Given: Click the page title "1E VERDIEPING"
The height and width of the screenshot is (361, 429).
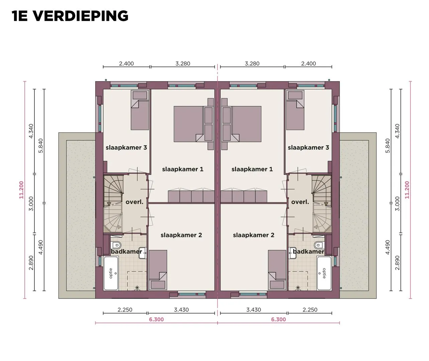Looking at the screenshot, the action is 70,16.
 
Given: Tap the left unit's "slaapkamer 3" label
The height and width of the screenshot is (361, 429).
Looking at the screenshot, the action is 126,147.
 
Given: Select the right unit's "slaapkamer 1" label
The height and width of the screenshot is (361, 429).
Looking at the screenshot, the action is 252,169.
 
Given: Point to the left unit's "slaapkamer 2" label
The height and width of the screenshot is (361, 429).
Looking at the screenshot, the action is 181,235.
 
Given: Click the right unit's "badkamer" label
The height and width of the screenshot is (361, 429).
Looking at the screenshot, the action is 308,251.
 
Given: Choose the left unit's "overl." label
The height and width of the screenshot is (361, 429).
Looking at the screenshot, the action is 134,202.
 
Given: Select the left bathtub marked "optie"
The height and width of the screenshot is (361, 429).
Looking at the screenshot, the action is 111,273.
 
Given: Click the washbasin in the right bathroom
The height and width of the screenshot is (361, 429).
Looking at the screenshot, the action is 293,253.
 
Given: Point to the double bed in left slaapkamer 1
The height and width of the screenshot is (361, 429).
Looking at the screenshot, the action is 194,124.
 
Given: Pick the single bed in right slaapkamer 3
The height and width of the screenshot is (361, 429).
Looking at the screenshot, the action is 295,110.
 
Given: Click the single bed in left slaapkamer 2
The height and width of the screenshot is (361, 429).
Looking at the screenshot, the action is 158,270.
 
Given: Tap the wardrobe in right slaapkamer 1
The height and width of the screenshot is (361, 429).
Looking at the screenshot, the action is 244,197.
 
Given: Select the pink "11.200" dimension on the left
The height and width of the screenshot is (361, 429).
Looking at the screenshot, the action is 21,190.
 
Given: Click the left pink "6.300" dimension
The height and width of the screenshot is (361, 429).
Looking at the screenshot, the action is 156,319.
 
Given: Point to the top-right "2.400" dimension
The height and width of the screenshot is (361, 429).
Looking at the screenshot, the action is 308,64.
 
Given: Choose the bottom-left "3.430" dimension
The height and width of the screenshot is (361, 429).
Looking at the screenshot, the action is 181,310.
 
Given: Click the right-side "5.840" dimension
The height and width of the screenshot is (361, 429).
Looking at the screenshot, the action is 388,146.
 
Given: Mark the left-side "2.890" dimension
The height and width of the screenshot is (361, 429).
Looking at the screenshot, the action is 31,263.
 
